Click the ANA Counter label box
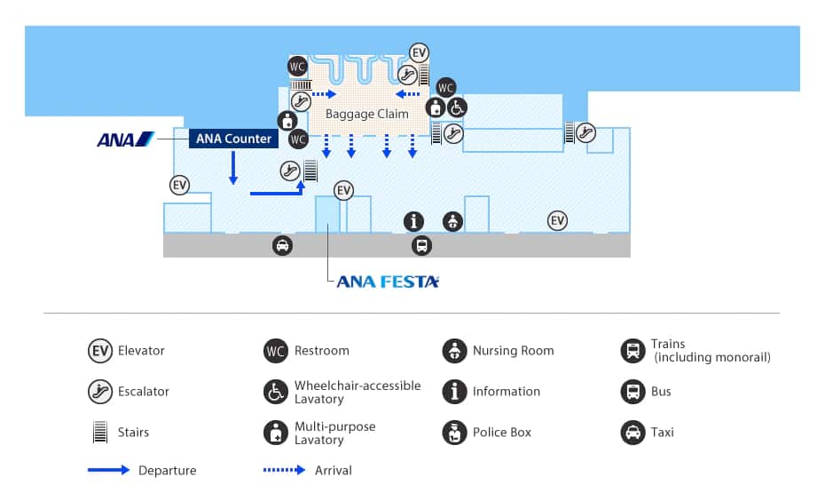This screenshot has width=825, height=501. point(234,139)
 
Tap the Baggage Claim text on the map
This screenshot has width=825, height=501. point(366,114)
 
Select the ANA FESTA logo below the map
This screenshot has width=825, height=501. point(388,282)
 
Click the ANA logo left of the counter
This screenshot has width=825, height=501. point(125,139)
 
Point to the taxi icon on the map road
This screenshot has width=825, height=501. point(282,246)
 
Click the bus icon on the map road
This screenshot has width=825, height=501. point(420,246)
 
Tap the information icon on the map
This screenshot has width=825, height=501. point(413,222)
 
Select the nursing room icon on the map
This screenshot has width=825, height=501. point(452,222)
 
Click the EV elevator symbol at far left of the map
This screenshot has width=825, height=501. point(180,185)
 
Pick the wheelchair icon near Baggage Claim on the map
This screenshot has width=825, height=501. point(457,107)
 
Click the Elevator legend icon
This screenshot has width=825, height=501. point(100,350)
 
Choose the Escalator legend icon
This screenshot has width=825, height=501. point(100,391)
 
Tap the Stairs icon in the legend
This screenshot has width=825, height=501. point(100,433)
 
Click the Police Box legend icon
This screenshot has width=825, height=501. point(454,433)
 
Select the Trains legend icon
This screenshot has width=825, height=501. point(632,350)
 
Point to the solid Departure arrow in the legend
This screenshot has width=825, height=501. point(109,470)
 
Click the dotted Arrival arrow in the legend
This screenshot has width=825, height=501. point(285,470)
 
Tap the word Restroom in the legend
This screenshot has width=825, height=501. point(321,351)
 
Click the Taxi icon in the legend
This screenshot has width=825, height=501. point(632,433)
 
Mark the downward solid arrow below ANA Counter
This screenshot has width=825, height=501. point(232,168)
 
